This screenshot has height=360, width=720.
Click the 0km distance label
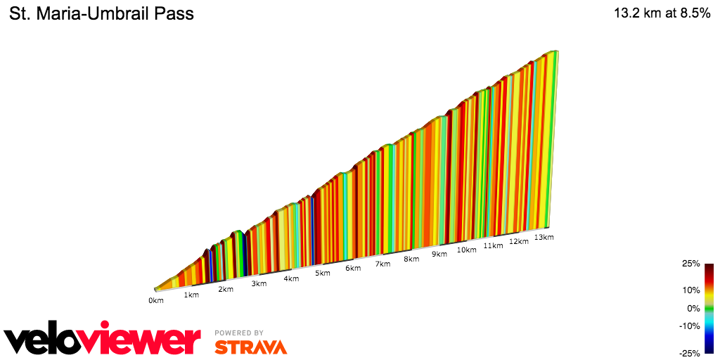coord(155,300)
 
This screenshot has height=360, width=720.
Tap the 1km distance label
coord(191,295)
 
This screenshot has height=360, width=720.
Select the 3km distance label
coord(259,283)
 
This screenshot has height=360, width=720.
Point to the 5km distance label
coord(323,273)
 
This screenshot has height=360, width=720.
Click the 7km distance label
coord(382,264)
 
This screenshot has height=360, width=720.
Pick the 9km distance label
coord(439,255)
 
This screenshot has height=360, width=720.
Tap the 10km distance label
coord(466,250)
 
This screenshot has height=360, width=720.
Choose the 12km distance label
coord(518,241)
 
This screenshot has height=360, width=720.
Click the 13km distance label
coord(544,237)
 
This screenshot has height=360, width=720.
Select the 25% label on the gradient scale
coord(690,264)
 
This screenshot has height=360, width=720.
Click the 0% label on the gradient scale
coord(693,308)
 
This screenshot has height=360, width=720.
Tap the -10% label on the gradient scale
coord(689,326)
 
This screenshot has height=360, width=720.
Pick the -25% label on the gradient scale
coord(689,353)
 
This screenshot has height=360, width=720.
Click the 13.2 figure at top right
coord(626,13)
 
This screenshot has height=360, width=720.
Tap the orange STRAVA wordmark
coord(250,347)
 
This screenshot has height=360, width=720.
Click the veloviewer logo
coord(103,339)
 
